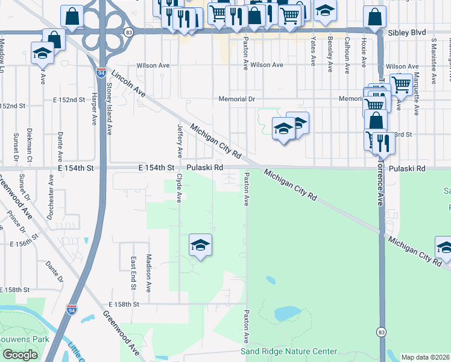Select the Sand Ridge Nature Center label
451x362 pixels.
click(x=289, y=351)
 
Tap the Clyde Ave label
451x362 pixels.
click(x=179, y=189)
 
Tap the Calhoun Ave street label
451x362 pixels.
click(x=347, y=55)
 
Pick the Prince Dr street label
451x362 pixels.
click(x=16, y=221)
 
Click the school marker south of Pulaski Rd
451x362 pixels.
click(x=200, y=245)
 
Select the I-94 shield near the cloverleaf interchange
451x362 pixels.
click(x=101, y=72)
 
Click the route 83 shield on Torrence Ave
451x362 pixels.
click(x=381, y=332)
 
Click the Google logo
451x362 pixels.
click(x=20, y=355)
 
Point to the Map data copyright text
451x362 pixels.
click(x=426, y=357)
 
